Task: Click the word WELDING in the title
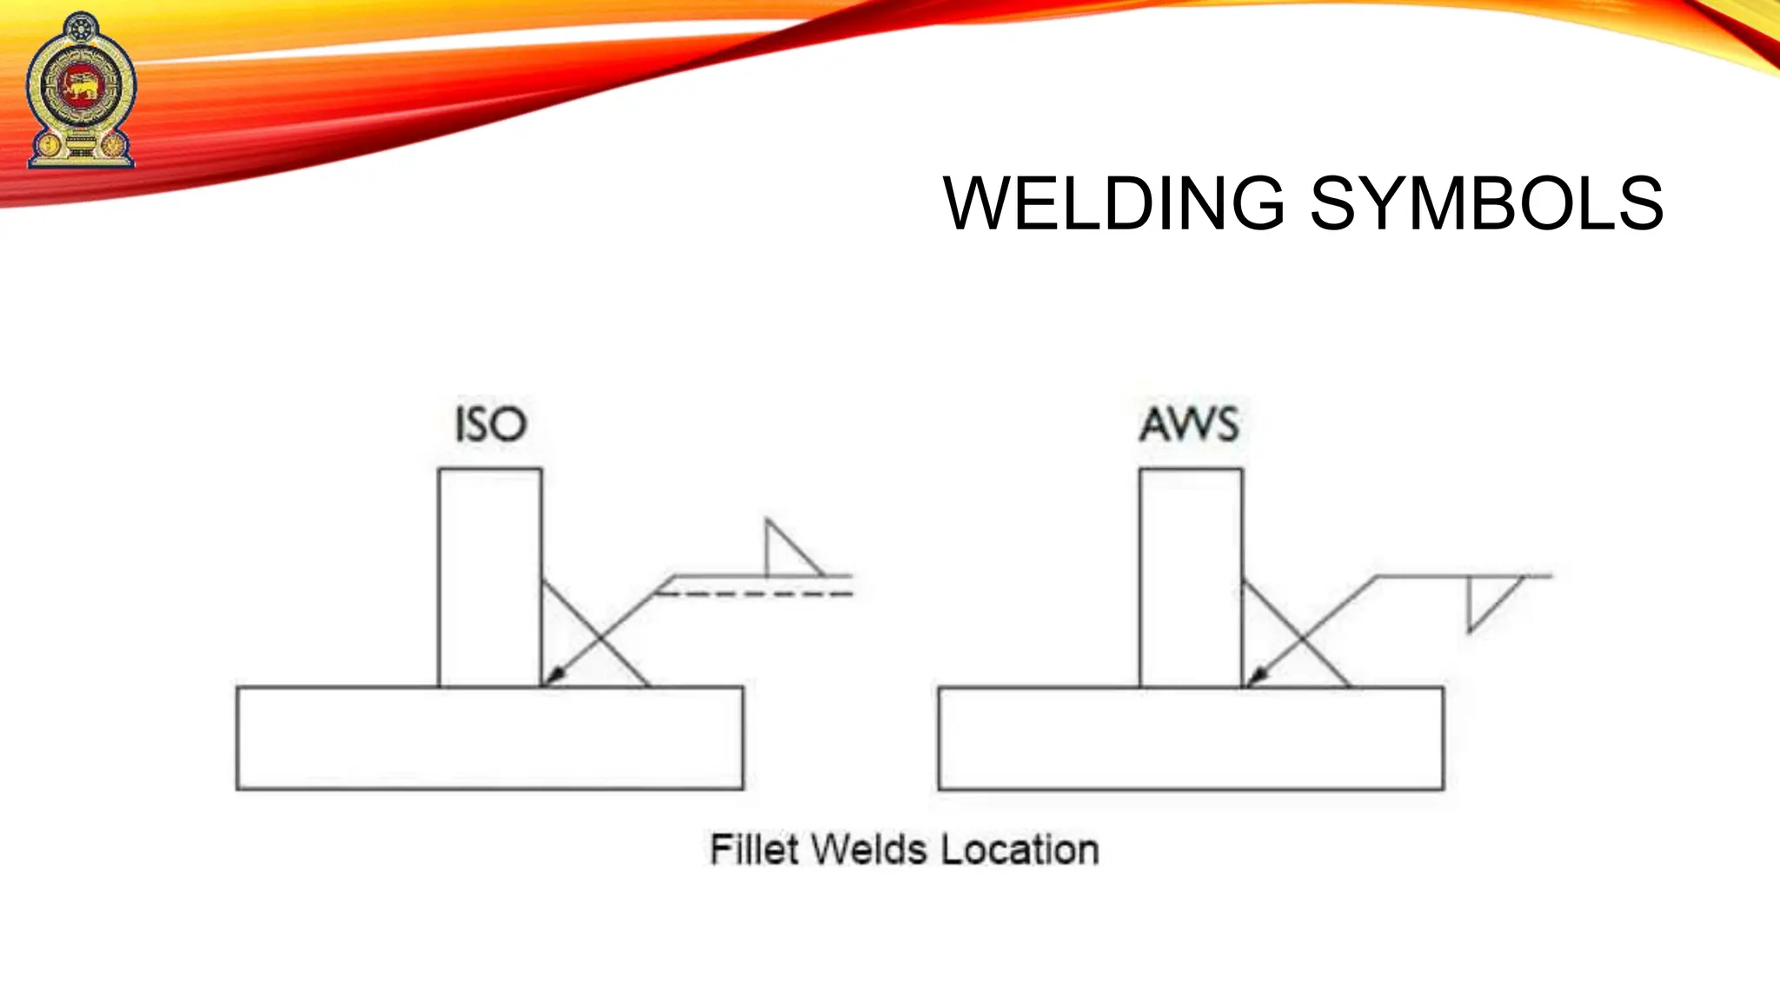pos(1113,204)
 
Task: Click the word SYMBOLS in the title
pos(1486,204)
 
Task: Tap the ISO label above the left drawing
pos(491,425)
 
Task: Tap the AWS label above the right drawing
pos(1189,425)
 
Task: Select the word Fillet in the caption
pos(754,850)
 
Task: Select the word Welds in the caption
pos(872,850)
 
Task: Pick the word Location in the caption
pos(1020,850)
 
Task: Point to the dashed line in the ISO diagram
pos(756,594)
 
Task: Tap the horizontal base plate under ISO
pos(489,739)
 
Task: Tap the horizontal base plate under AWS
pos(1191,739)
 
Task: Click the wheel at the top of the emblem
pos(82,28)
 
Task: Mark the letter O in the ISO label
pos(511,425)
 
